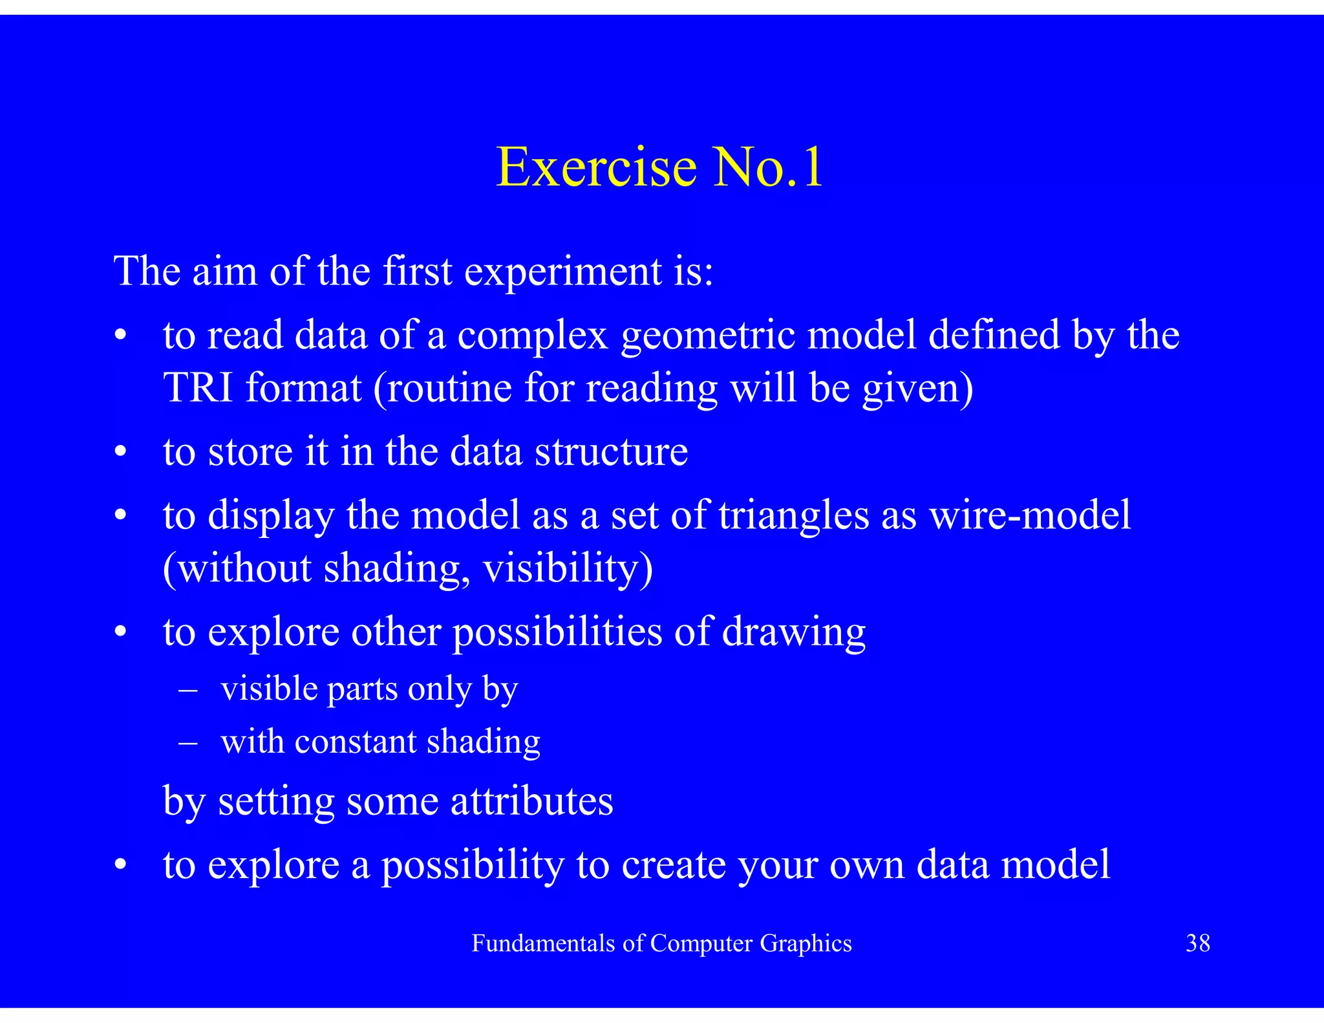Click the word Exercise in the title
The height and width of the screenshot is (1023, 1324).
[x=596, y=167]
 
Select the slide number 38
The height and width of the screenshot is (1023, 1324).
[x=1197, y=943]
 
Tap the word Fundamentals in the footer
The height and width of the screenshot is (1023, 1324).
[x=543, y=943]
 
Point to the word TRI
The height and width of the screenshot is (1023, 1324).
[x=198, y=387]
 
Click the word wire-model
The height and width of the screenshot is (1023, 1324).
[x=1030, y=515]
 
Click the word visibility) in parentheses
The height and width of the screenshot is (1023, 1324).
[x=568, y=568]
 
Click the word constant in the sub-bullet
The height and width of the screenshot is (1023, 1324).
[x=355, y=742]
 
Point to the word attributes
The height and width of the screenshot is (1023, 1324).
[x=531, y=801]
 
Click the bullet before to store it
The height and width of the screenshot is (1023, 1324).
[x=120, y=452]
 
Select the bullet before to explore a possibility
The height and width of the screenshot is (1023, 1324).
[x=120, y=865]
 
